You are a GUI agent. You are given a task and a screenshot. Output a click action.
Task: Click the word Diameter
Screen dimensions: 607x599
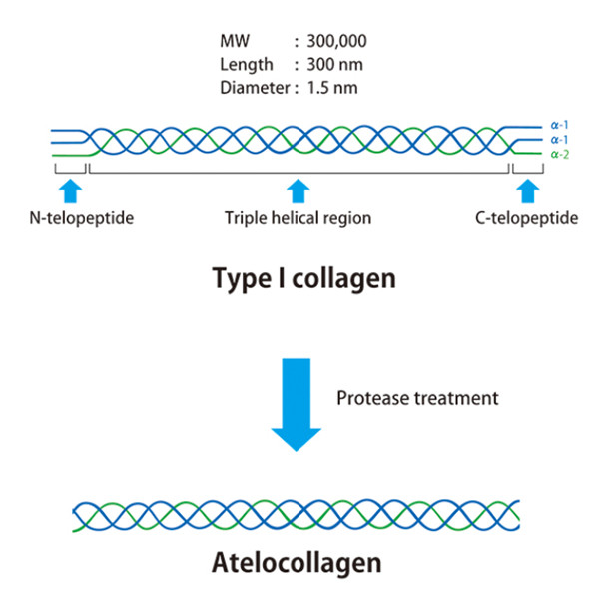coord(251,86)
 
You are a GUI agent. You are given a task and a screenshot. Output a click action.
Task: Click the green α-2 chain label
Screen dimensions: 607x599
coord(562,155)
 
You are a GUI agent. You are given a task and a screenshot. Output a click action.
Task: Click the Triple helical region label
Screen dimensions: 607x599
coord(299,217)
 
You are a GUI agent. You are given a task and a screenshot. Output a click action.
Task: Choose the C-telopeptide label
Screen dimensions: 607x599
coord(526,217)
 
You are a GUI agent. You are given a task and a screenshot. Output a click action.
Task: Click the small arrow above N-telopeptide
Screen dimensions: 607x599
coord(69,190)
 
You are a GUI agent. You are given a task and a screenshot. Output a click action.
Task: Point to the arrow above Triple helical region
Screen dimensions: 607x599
coord(297,190)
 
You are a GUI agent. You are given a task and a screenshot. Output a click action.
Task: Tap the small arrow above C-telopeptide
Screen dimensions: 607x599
coord(526,190)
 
